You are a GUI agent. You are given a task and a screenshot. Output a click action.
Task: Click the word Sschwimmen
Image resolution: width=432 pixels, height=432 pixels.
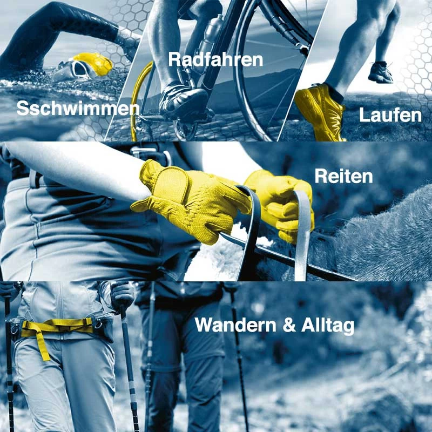(x=78, y=109)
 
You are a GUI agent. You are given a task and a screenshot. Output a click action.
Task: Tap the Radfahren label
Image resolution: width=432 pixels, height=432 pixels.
(x=215, y=59)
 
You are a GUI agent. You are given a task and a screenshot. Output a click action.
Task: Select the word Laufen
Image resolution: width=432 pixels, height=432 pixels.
(x=390, y=115)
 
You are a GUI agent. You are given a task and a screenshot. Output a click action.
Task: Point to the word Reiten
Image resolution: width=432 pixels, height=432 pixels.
(x=343, y=176)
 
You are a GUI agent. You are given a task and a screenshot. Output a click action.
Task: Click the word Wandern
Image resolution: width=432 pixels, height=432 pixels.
(x=235, y=325)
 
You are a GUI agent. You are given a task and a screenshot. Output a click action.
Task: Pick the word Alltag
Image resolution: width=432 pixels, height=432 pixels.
(x=328, y=326)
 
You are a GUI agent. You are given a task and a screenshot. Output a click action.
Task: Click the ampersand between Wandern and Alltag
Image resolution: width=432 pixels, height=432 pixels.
(x=289, y=325)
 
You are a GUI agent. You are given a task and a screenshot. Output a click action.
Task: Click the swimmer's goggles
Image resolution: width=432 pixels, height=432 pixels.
(x=78, y=69)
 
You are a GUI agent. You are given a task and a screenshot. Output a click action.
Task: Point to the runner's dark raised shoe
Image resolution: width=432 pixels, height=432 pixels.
(x=380, y=72)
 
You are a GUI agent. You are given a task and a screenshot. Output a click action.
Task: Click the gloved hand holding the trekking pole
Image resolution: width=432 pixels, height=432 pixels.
(x=122, y=295)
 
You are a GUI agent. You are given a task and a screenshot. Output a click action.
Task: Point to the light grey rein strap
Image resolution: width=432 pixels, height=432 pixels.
(x=302, y=234)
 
